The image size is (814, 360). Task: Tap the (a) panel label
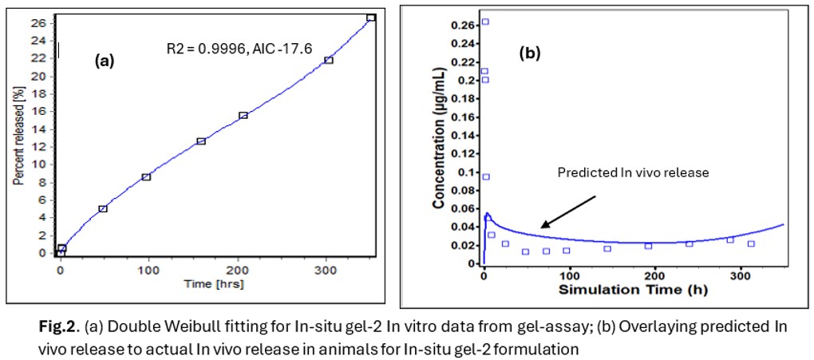click(105, 60)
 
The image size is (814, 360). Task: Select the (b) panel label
click(530, 53)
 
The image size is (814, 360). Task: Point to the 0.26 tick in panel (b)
click(466, 25)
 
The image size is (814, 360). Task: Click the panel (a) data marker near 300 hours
click(328, 60)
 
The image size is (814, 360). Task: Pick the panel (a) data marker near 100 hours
click(146, 176)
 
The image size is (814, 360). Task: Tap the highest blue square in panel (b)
click(485, 22)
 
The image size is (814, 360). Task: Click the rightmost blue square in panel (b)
click(751, 243)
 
